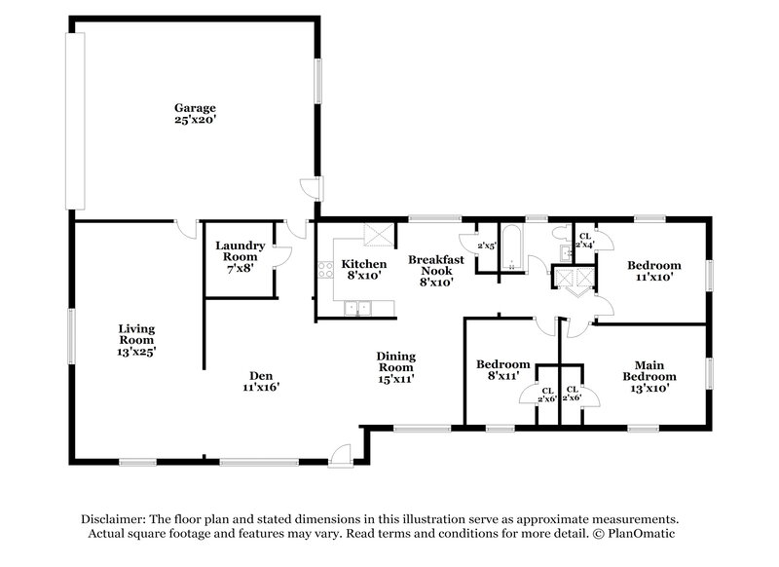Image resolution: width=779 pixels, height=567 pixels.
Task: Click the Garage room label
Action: pos(195,107)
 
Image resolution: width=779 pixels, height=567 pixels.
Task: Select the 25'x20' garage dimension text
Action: pos(195,121)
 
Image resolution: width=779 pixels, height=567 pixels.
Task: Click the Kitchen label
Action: pos(363,264)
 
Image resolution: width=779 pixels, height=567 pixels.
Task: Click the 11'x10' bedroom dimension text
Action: pos(653,278)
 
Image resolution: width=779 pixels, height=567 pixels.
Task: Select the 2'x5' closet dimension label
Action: pos(486,246)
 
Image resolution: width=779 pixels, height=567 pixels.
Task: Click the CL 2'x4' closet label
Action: pos(584,241)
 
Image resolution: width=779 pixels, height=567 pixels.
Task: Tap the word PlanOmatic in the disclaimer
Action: pos(644,534)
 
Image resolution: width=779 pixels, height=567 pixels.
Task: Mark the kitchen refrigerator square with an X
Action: pos(377,237)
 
